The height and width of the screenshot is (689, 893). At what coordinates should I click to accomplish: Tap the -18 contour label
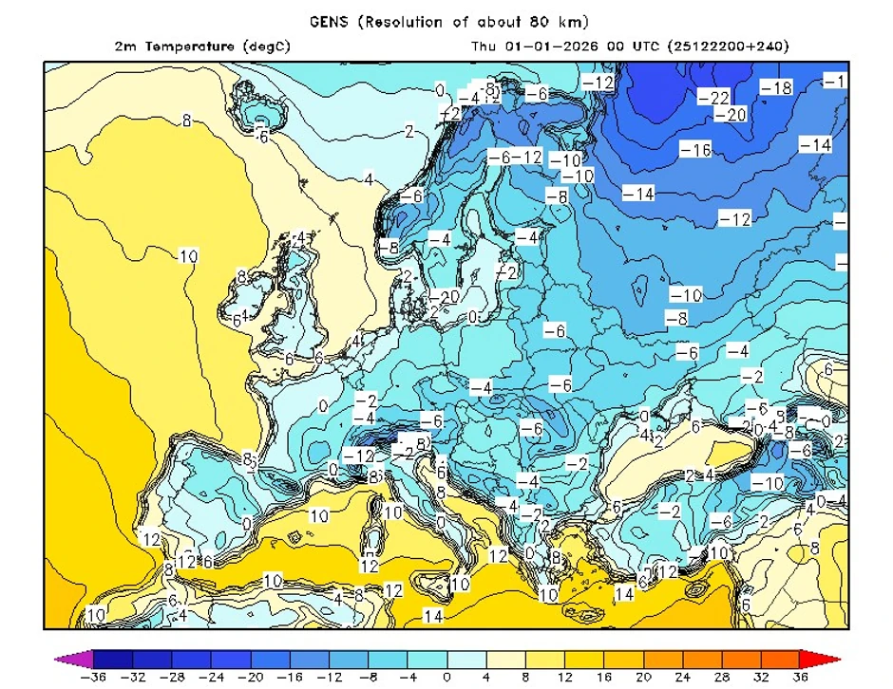(776, 87)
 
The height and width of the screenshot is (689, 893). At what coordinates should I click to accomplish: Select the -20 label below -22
(731, 115)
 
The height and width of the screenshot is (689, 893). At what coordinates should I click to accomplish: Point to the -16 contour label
(695, 150)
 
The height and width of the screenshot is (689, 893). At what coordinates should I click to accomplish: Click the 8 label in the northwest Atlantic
(186, 121)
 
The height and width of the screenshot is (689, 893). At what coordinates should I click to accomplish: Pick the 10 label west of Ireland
(188, 256)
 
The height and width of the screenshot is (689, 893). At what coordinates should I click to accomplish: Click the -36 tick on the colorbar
(93, 678)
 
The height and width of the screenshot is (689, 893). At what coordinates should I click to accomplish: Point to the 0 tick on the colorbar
(446, 678)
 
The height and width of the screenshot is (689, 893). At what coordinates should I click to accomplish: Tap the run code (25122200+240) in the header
(729, 46)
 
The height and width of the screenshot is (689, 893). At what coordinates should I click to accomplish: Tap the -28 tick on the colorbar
(172, 678)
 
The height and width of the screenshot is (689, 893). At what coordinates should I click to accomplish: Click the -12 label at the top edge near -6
(598, 82)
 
